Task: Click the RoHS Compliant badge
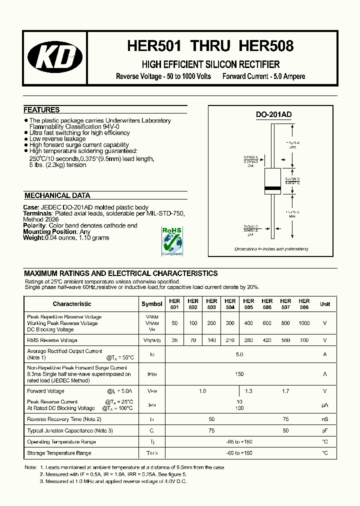point(172,241)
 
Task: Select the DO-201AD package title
point(273,114)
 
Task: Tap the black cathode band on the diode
point(272,188)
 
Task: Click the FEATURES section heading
point(41,110)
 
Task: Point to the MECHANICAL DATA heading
point(57,196)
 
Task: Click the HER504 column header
point(230,304)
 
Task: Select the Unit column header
point(325,304)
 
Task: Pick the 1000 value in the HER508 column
point(304,323)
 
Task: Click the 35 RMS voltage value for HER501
point(174,340)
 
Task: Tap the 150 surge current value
point(239,374)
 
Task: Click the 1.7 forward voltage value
point(285,391)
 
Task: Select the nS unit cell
point(325,419)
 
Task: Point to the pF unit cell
point(325,430)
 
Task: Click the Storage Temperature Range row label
point(59,453)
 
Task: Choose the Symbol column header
point(152,304)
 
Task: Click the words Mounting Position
point(50,232)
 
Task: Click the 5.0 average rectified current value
point(239,354)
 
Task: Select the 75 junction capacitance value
point(211,430)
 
